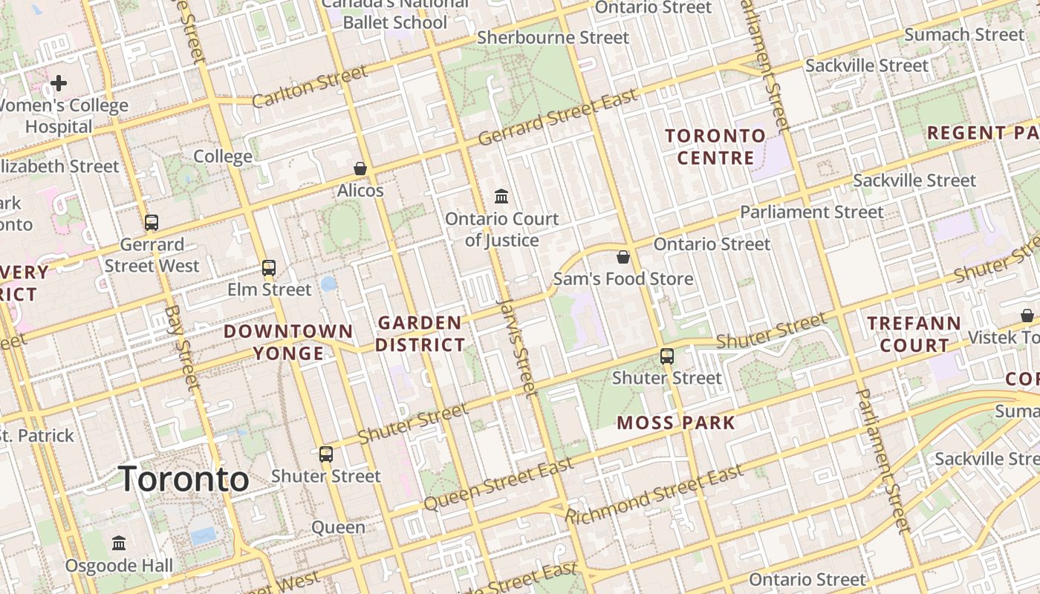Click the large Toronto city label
point(183,479)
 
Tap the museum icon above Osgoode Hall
point(119,544)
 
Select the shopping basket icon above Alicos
point(360,169)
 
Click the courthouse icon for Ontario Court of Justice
point(501,197)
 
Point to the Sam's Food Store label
point(623,279)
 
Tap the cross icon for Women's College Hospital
point(59,82)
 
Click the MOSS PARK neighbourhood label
point(676,423)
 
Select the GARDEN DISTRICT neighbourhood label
point(420,334)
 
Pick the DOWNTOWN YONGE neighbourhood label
point(288,342)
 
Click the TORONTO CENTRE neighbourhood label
point(715,146)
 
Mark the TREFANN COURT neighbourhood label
point(914,334)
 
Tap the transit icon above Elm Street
point(269,268)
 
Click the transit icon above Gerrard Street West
point(152,222)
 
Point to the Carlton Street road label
point(310,87)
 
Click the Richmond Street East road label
point(654,495)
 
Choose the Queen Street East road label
point(498,484)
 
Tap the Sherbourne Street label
point(553,37)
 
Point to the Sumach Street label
point(963,34)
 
